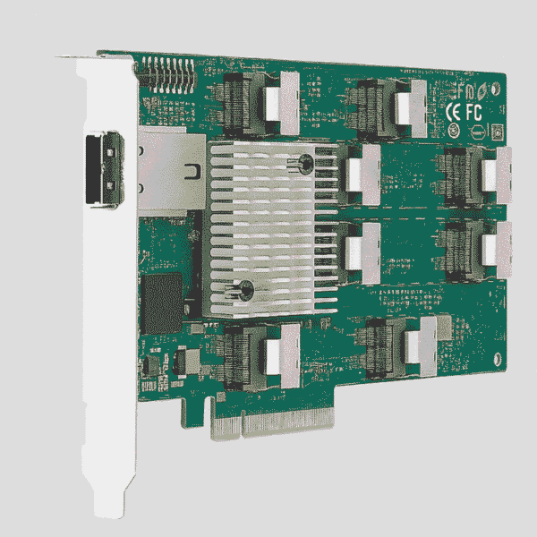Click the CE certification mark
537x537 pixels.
pyautogui.click(x=455, y=111)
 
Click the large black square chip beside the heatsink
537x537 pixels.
pyautogui.click(x=163, y=296)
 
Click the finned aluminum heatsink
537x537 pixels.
pyautogui.click(x=268, y=228)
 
